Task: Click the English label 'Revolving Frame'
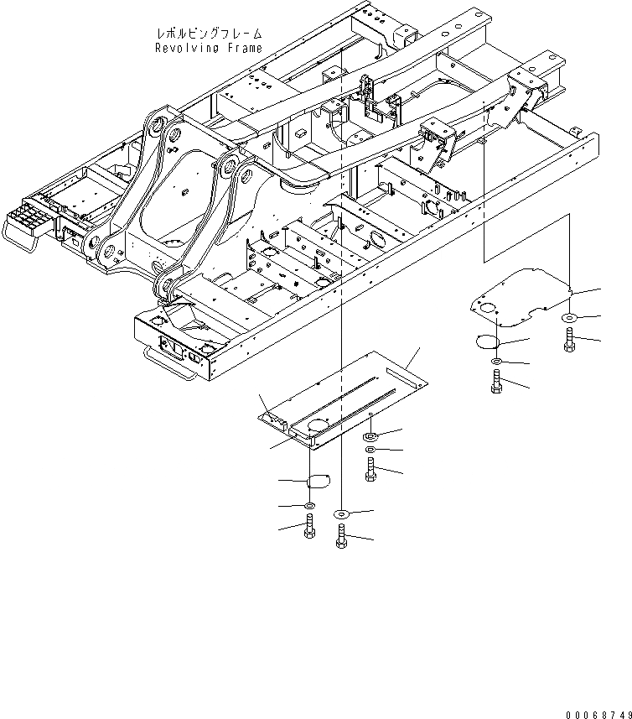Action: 208,48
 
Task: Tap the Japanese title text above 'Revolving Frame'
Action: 209,34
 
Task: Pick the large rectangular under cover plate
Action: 344,394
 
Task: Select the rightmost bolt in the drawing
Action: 570,341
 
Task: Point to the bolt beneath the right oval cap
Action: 495,381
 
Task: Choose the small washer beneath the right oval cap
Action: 495,362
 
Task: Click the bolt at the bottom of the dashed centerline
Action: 341,535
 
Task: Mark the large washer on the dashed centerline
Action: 341,513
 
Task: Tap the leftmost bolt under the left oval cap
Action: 309,528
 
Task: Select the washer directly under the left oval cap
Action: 309,506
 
